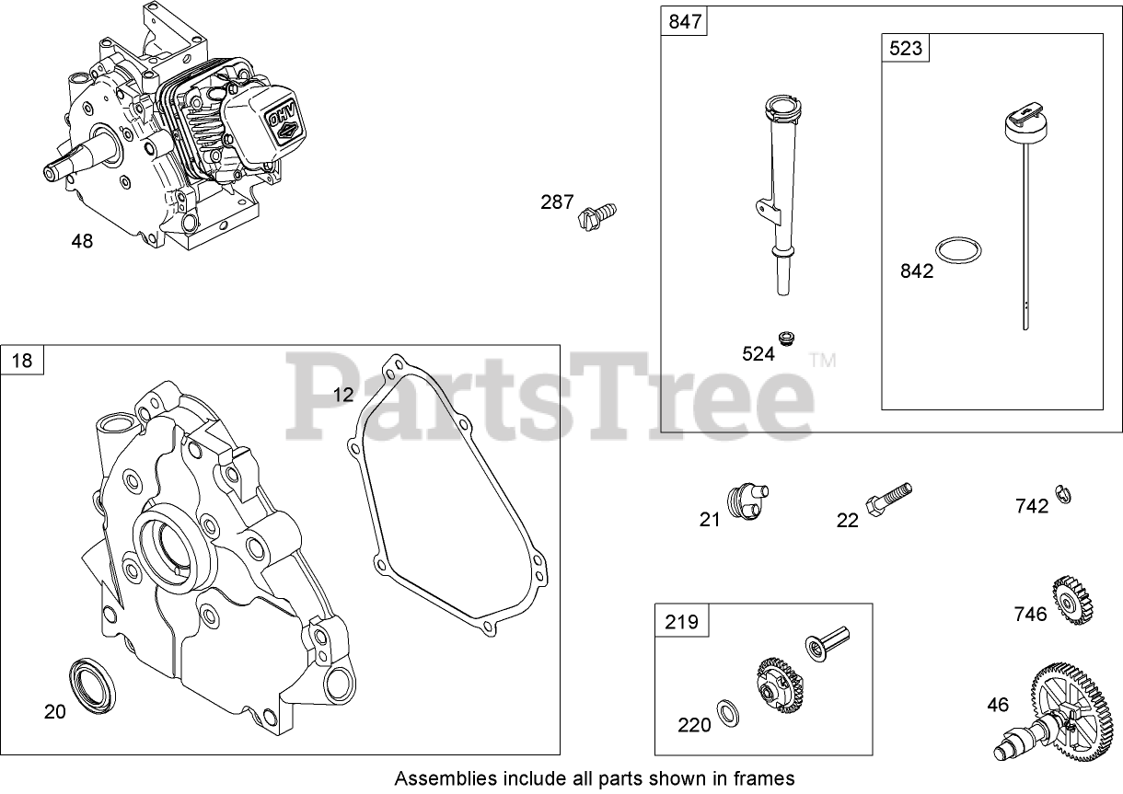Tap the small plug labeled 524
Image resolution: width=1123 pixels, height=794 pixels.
click(785, 338)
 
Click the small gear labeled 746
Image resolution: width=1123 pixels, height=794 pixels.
click(1071, 600)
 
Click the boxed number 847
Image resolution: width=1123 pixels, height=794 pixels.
click(684, 22)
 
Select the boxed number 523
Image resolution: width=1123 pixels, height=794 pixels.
click(905, 49)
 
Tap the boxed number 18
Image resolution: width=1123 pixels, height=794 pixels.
click(22, 360)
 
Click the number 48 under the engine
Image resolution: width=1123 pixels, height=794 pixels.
click(82, 242)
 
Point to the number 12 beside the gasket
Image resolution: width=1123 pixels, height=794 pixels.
click(342, 395)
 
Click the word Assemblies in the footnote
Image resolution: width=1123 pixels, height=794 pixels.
click(438, 778)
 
